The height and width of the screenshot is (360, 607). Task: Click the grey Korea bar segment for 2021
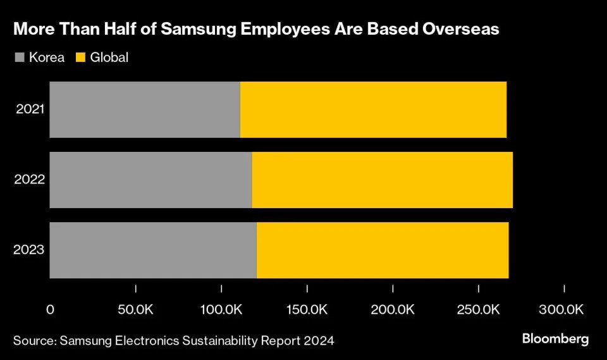pyautogui.click(x=145, y=109)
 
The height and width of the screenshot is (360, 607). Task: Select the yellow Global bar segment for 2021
pyautogui.click(x=373, y=109)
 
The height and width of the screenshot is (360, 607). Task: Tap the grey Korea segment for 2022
pyautogui.click(x=150, y=180)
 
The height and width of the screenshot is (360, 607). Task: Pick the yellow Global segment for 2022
pyautogui.click(x=382, y=180)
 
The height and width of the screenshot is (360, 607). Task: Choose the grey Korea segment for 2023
pyautogui.click(x=153, y=250)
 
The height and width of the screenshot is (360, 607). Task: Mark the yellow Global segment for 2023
pyautogui.click(x=383, y=250)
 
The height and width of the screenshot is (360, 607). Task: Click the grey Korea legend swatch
pyautogui.click(x=19, y=58)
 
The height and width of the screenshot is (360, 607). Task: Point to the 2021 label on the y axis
pyautogui.click(x=30, y=109)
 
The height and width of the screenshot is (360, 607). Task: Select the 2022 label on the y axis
pyautogui.click(x=30, y=180)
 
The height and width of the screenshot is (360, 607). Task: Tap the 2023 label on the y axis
pyautogui.click(x=30, y=250)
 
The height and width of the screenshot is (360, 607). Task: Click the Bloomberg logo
pyautogui.click(x=555, y=339)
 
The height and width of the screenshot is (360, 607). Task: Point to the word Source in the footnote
pyautogui.click(x=33, y=340)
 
